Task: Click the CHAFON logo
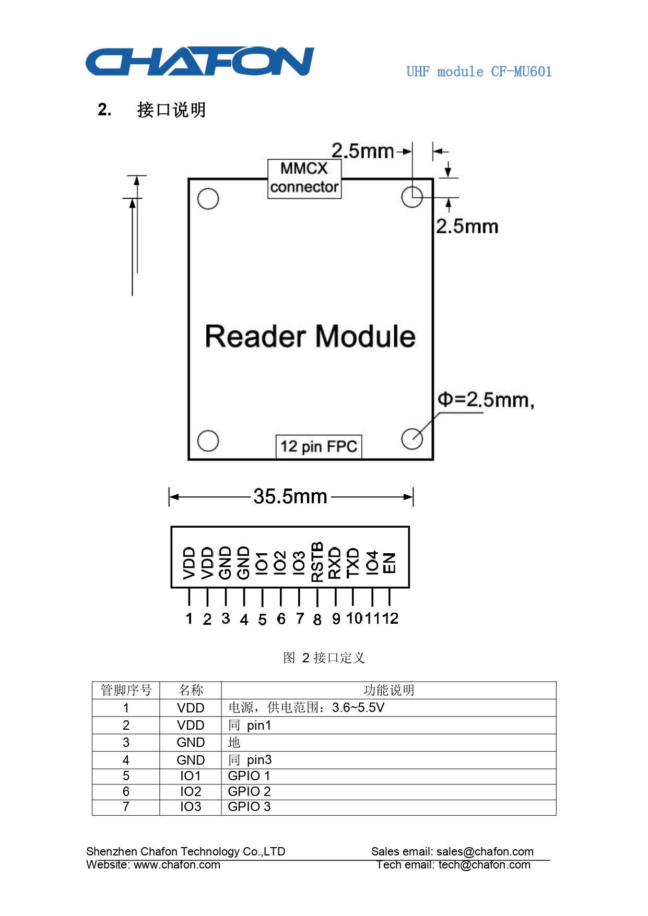(200, 62)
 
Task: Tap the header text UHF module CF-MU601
(479, 72)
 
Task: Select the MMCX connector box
(304, 179)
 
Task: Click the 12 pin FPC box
(319, 447)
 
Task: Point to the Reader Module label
(310, 336)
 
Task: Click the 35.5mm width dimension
(290, 496)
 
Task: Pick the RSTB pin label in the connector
(317, 562)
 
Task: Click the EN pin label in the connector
(389, 563)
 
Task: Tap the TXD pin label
(353, 562)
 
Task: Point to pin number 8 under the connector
(317, 620)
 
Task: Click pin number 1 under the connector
(189, 619)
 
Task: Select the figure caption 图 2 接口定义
(324, 658)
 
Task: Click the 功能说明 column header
(388, 690)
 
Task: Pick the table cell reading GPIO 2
(249, 791)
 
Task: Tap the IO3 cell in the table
(191, 806)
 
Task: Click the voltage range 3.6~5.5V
(358, 707)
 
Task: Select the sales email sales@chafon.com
(485, 851)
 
